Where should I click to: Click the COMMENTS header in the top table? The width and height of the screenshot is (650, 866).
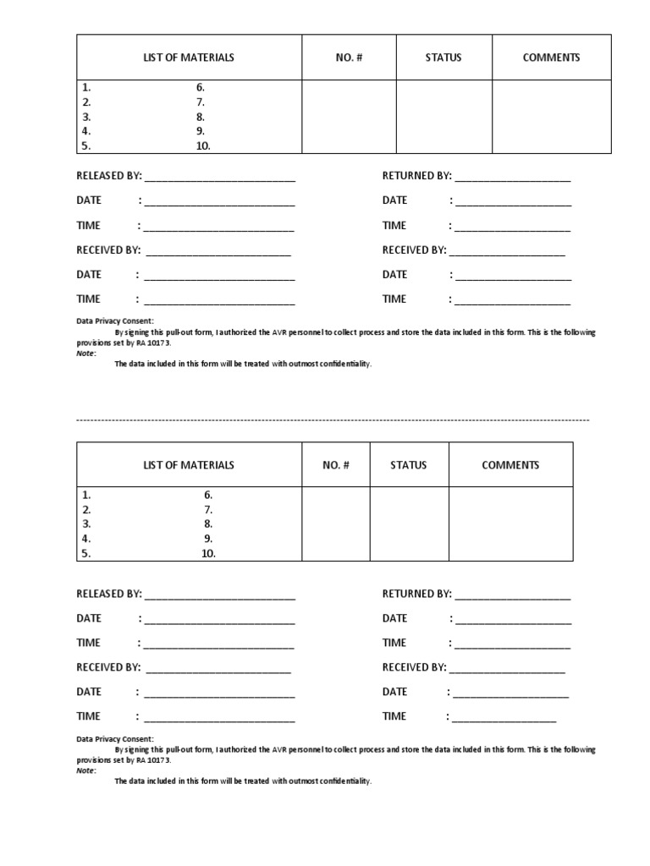(551, 58)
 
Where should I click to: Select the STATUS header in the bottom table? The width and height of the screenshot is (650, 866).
(409, 465)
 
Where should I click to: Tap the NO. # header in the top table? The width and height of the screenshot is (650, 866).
(349, 58)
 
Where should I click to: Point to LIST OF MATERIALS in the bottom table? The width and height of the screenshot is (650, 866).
(189, 465)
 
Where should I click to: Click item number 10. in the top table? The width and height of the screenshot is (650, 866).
(203, 145)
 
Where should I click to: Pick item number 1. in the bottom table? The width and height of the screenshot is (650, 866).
(86, 495)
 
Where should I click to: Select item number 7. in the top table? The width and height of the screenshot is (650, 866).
(201, 101)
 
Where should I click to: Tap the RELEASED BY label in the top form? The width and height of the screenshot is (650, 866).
(109, 176)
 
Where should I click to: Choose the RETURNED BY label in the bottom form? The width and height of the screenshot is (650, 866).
(416, 594)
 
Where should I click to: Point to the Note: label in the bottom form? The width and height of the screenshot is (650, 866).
(86, 770)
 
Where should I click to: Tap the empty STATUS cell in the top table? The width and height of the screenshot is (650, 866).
(443, 117)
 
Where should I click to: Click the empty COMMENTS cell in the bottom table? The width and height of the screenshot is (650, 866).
(510, 523)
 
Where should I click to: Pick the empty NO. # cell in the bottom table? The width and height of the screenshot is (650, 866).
(335, 523)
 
